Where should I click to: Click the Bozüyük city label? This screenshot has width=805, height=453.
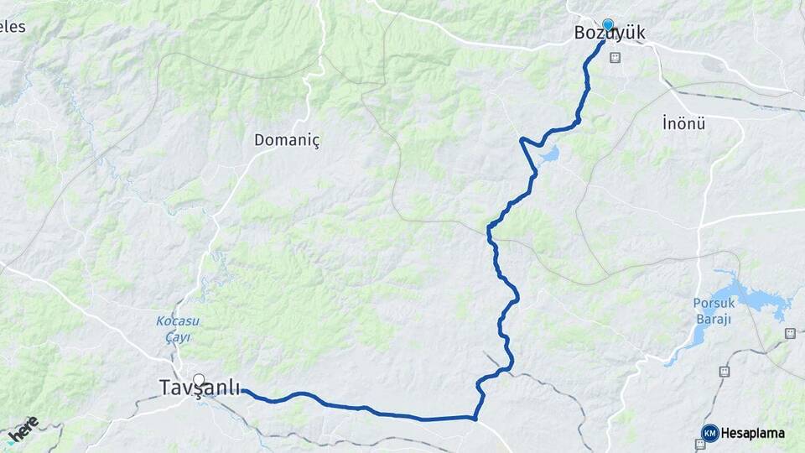point(609,34)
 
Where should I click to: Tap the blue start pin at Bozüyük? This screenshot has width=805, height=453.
point(607,25)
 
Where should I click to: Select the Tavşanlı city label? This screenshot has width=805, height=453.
point(198,387)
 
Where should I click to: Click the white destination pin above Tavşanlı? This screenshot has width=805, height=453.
point(199,379)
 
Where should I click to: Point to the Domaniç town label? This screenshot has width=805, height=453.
point(288,140)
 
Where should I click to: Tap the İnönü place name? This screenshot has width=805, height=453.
point(683,124)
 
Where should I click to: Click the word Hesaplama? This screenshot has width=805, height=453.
point(752,434)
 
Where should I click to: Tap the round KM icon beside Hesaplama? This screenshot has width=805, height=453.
point(710,433)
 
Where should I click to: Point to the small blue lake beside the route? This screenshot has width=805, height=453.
point(549,155)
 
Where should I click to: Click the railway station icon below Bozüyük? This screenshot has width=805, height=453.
point(615,58)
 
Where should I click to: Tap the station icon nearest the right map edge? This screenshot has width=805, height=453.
point(790,333)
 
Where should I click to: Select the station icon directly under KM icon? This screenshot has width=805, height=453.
point(700,444)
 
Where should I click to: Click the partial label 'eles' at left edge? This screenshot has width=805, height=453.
point(13,27)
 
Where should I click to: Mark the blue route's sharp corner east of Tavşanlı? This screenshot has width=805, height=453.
point(475,417)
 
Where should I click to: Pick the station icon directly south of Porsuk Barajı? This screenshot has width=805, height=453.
point(724,370)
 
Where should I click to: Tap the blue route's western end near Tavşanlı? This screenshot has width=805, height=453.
point(243,391)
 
